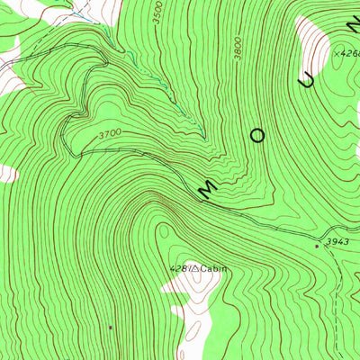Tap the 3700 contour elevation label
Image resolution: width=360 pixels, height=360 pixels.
pos(109,136)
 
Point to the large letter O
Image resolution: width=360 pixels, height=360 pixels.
pos(257,137)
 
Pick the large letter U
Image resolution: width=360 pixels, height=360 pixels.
pos(309,81)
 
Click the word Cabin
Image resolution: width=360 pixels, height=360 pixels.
pos(214,268)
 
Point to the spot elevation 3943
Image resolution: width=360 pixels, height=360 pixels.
pos(337,242)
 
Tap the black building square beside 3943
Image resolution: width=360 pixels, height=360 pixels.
pos(317,245)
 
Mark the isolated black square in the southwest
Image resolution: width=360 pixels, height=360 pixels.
pos(111,328)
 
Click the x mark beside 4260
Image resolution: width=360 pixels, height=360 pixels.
pos(335,55)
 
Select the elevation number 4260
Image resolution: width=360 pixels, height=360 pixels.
pos(349,55)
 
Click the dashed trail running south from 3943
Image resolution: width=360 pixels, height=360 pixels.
pos(337,297)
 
